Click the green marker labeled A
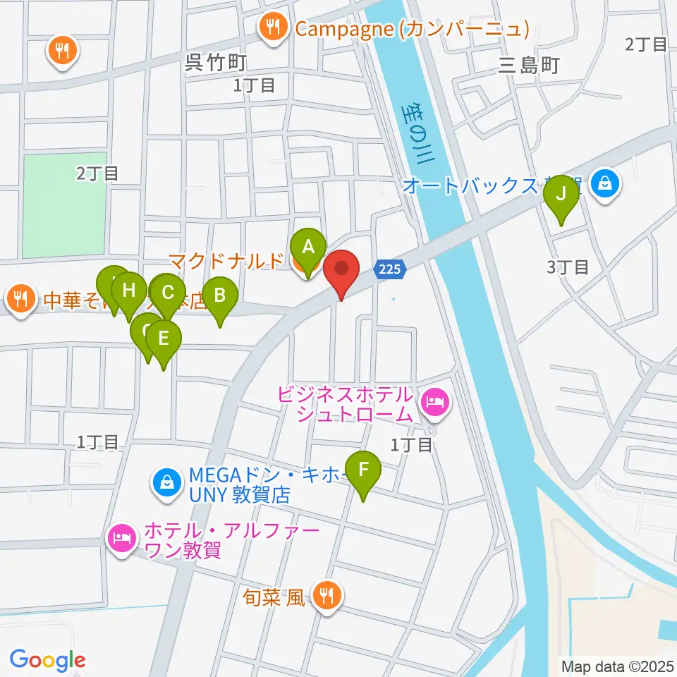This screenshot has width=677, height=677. click(307, 248)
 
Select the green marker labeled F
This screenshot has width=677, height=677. click(364, 469)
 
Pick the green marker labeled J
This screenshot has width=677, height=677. click(561, 193)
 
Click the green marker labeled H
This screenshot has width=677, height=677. click(128, 291)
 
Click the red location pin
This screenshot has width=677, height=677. click(342, 270)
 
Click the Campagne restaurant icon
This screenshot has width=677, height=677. click(272, 28)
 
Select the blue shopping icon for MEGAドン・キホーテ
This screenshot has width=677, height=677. click(166, 484)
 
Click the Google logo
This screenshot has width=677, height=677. click(47, 660)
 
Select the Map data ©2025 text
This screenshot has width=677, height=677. click(618, 666)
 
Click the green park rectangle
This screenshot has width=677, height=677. click(65, 205)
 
